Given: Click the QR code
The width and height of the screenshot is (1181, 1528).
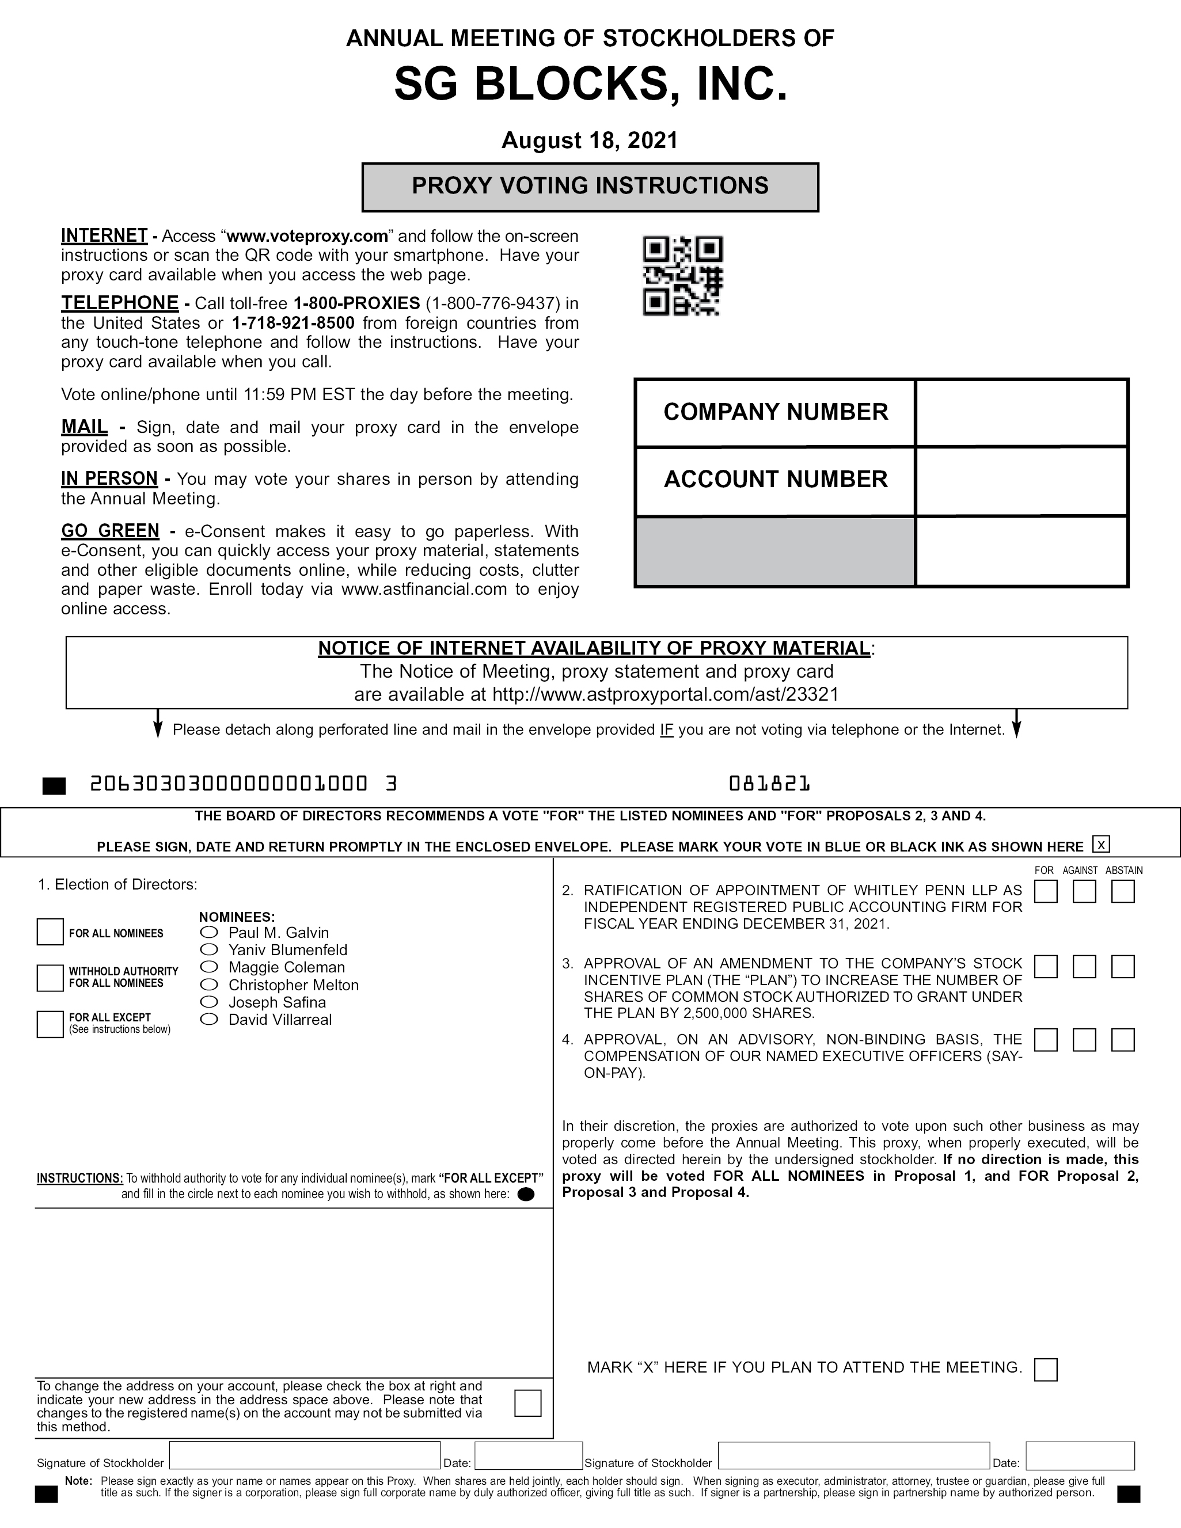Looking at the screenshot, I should click(x=682, y=276).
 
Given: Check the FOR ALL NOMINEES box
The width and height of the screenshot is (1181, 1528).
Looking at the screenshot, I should click(x=50, y=932).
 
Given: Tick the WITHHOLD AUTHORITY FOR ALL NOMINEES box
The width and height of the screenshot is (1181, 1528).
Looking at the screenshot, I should click(x=50, y=978).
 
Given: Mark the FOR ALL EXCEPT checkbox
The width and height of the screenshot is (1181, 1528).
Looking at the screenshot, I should click(x=50, y=1024).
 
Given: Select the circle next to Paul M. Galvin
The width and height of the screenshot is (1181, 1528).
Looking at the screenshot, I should click(x=209, y=933).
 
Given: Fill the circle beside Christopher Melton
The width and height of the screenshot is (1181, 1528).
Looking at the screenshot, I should click(x=209, y=985).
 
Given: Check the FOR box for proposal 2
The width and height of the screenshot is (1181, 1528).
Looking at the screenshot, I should click(x=1045, y=892).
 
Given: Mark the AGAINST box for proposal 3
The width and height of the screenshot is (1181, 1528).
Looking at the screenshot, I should click(x=1084, y=967).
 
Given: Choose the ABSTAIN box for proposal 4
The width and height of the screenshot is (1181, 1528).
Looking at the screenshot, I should click(x=1123, y=1040).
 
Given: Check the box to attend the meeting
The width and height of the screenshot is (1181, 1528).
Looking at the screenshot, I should click(x=1045, y=1370).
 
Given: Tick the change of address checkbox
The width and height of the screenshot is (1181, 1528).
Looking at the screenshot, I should click(x=527, y=1402).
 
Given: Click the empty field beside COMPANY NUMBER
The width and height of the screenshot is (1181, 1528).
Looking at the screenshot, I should click(x=1021, y=413).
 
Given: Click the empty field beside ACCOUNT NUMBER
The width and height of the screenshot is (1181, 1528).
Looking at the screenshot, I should click(x=1021, y=481).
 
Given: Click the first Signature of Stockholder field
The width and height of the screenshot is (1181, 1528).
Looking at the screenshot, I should click(x=305, y=1456).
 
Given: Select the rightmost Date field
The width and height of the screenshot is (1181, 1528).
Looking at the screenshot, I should click(x=1080, y=1456).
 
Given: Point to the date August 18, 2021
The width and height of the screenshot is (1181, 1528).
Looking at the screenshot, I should click(x=590, y=140).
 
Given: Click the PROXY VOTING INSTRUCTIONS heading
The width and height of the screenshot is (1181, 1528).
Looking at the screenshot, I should click(x=590, y=186).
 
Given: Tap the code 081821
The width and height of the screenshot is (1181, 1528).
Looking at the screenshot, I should click(x=769, y=784).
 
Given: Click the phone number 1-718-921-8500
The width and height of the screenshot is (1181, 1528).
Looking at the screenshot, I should click(x=293, y=323).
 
